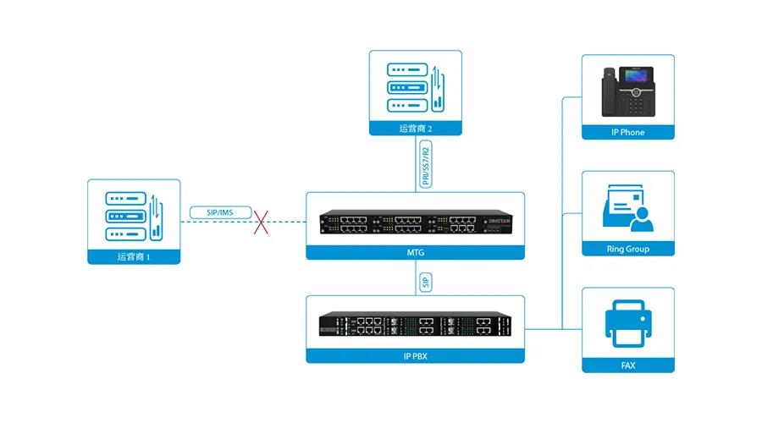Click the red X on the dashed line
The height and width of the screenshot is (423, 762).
tap(261, 222)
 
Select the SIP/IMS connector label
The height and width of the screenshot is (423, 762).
tap(220, 212)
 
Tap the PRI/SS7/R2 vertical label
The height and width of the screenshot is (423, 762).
tap(426, 164)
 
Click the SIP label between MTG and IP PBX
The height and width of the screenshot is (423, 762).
tap(426, 283)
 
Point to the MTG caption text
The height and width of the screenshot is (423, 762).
tap(416, 253)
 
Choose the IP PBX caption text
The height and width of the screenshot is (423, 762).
tap(416, 356)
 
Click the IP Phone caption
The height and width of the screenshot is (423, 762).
tap(628, 132)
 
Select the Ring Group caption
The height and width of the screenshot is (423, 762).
tap(628, 249)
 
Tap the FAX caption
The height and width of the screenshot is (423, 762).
tap(628, 365)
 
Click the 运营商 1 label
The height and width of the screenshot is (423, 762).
tap(134, 256)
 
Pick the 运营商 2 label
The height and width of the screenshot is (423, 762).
tap(416, 129)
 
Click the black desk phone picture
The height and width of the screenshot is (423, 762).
tap(628, 91)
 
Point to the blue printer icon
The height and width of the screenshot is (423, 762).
tap(628, 323)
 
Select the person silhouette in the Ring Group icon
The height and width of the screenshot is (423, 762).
tap(642, 219)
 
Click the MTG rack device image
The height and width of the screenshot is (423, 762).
tap(416, 222)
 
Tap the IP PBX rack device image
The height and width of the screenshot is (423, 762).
tap(416, 324)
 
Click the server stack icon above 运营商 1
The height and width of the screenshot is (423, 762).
tap(134, 216)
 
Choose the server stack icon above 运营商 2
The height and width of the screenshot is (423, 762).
tap(416, 87)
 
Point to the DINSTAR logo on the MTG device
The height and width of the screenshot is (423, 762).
tap(500, 221)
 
